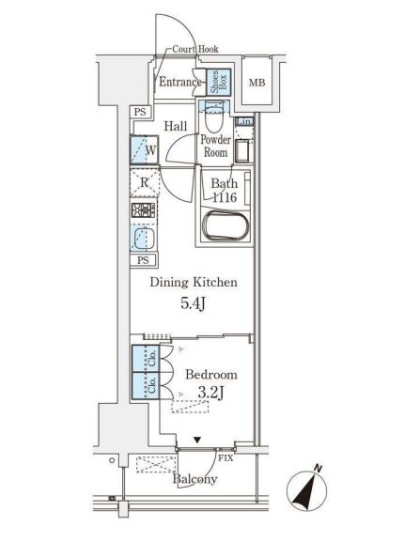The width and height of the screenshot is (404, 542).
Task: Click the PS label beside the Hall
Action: (141, 114)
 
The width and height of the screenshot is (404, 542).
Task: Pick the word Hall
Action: (175, 127)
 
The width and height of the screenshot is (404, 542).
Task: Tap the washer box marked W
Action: (145, 149)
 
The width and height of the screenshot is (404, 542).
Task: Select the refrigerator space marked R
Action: (144, 183)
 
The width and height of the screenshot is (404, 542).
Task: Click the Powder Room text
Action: (214, 146)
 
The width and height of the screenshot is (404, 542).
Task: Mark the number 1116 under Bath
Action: (223, 198)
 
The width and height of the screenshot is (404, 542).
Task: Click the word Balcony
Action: (194, 479)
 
